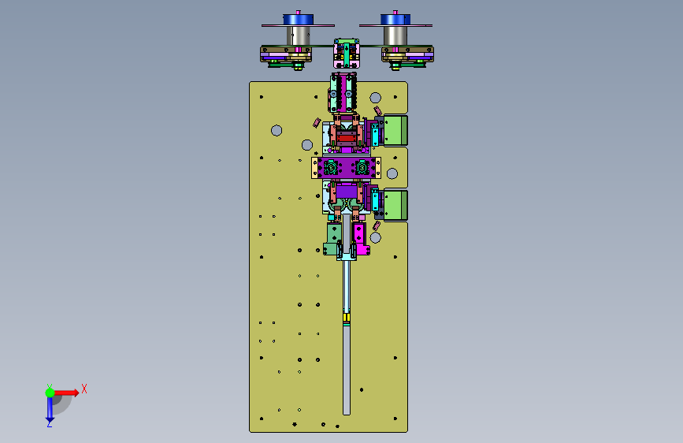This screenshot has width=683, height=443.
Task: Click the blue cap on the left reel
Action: pos(298,20)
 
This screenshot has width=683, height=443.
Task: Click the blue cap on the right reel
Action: pos(395,20)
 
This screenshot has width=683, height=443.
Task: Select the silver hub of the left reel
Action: pos(298,35)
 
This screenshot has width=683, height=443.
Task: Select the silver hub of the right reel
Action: pos(395,35)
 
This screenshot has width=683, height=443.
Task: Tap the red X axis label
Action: pos(84,389)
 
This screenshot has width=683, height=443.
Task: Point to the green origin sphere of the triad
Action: pos(50,393)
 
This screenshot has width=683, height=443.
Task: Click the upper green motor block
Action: pos(395,130)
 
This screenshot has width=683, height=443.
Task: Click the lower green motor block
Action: pos(395,205)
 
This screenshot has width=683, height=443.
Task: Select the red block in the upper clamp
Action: pos(347,139)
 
